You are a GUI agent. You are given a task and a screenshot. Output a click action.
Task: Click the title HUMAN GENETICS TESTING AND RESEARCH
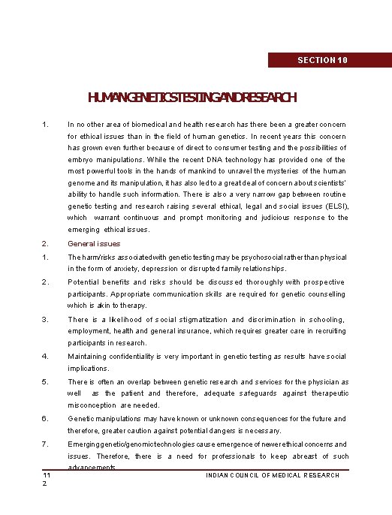pyautogui.click(x=192, y=97)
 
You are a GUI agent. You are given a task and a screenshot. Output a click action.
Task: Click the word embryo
pyautogui.click(x=80, y=160)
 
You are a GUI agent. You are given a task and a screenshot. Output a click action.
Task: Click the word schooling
pyautogui.click(x=327, y=319)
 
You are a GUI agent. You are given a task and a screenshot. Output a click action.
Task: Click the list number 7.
pyautogui.click(x=44, y=444)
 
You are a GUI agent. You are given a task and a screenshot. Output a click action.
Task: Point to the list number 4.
pyautogui.click(x=44, y=357)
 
